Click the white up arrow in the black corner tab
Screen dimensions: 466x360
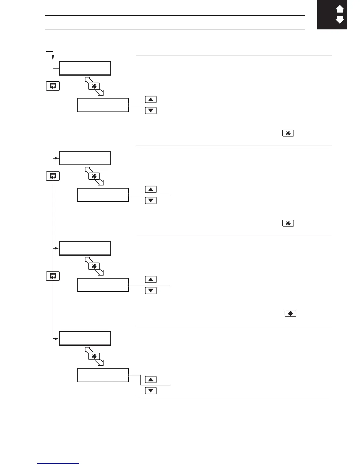[340, 9]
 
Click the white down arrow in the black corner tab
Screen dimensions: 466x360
[340, 20]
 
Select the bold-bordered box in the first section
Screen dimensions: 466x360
[85, 68]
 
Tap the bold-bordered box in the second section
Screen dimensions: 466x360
[85, 158]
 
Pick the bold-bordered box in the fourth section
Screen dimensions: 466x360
[85, 338]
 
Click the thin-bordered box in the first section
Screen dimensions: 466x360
[103, 105]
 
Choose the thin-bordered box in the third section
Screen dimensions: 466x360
[103, 285]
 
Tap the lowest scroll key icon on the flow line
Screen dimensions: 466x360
[53, 276]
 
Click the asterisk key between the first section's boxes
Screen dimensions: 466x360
[94, 86]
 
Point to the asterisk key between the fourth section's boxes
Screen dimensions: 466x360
[94, 356]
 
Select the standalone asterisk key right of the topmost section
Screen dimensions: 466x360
[288, 133]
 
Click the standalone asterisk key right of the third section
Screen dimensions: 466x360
[290, 313]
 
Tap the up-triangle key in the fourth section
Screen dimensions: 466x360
[151, 380]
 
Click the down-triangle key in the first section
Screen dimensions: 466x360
[151, 111]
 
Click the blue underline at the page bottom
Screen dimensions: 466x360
[58, 464]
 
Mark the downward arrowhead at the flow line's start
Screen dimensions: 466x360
[53, 57]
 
